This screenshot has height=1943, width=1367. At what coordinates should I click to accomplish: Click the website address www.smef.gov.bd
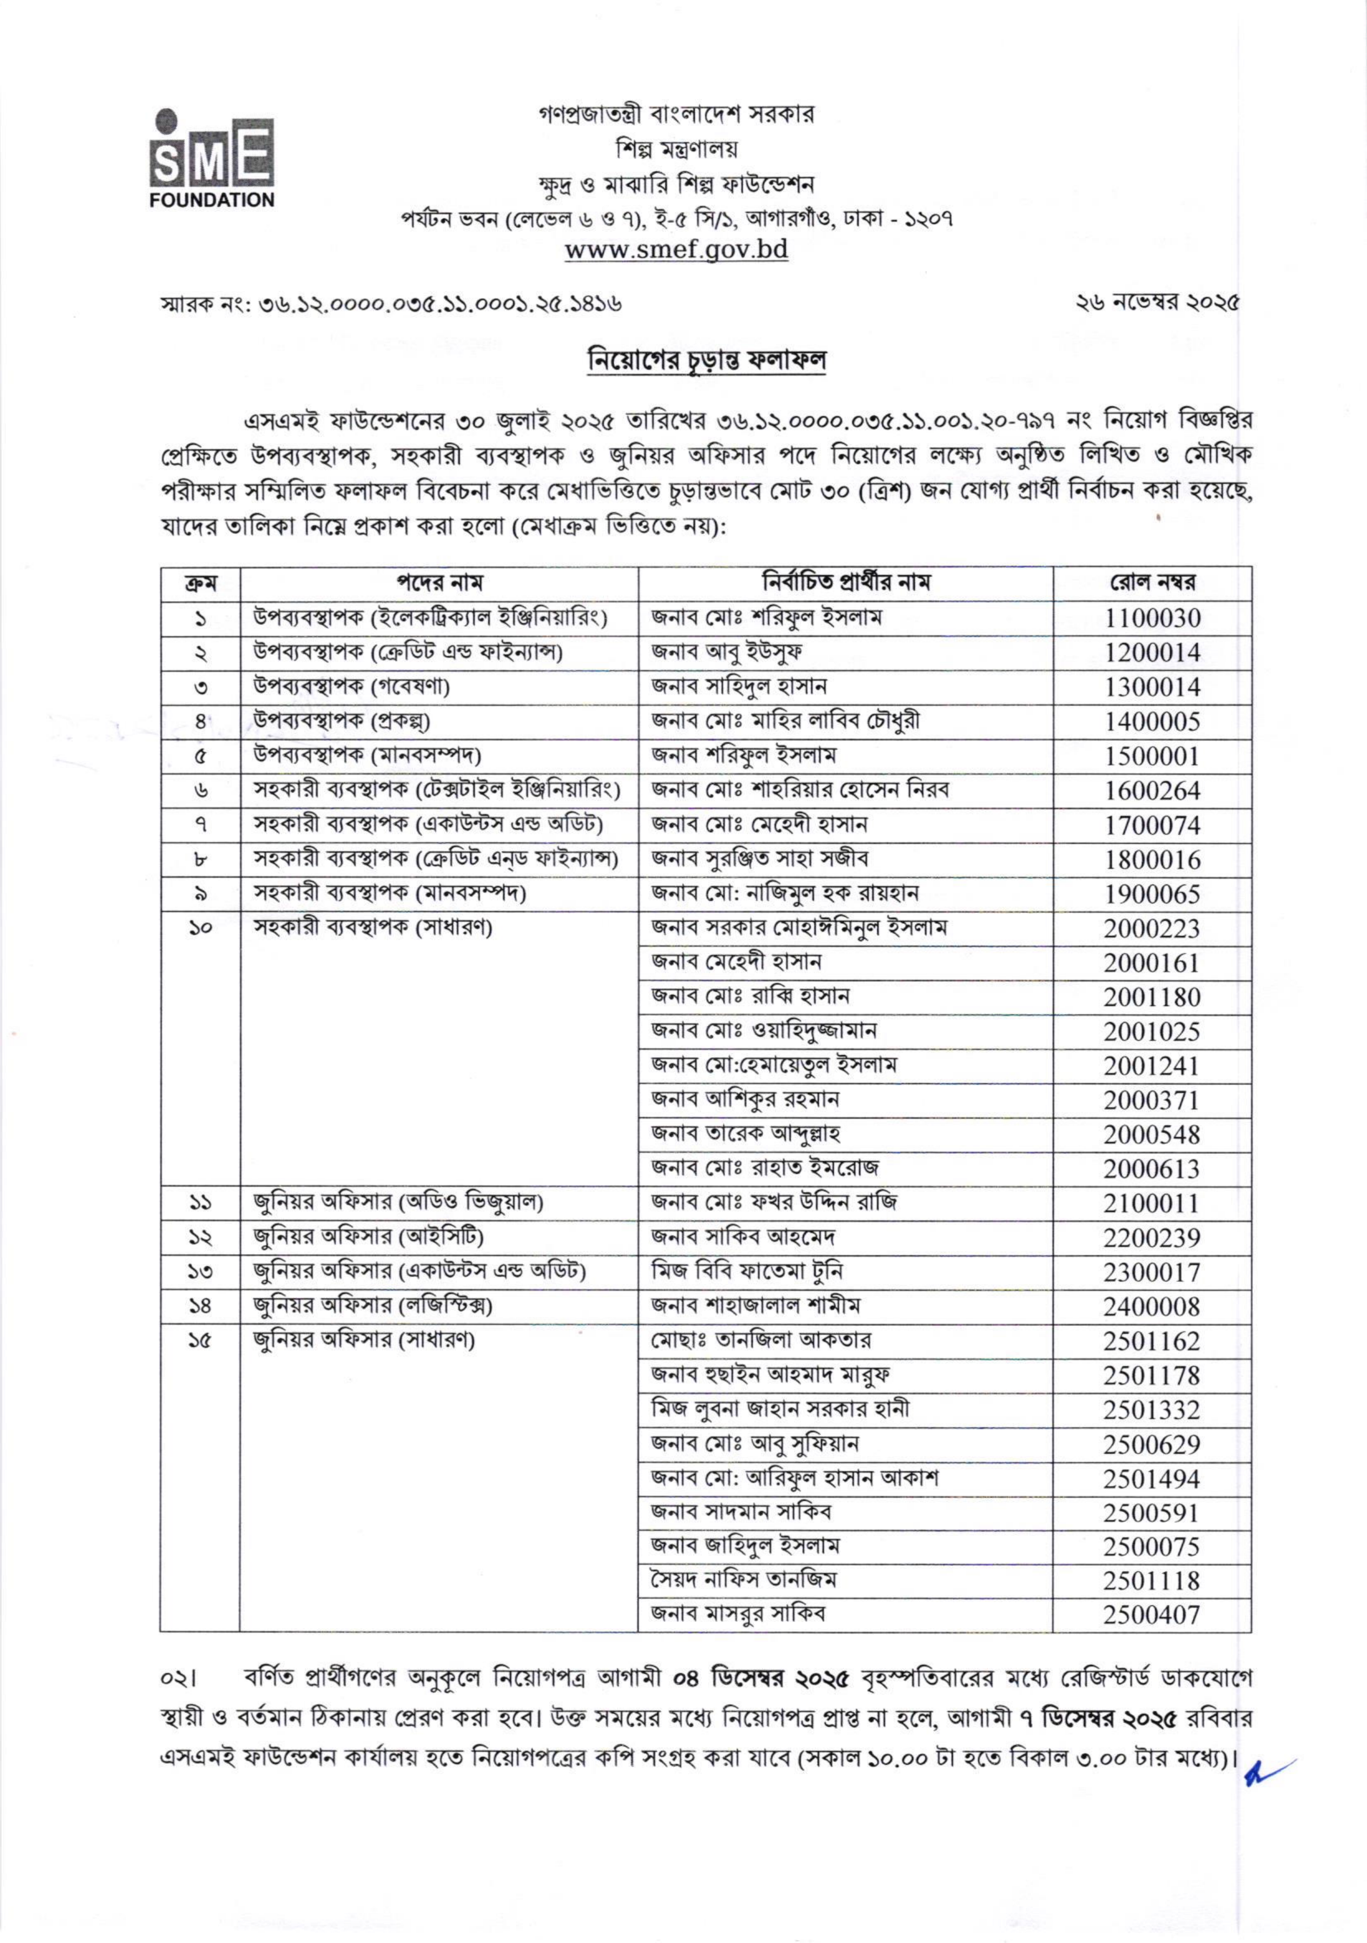676,250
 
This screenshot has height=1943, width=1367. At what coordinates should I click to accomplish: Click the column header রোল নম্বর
1152,583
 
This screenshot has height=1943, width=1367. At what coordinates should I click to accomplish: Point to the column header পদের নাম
439,583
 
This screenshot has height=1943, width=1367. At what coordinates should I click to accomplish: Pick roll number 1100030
1152,618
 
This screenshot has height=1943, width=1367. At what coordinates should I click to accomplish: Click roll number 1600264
1152,790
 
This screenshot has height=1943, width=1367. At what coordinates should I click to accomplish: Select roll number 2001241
1151,1066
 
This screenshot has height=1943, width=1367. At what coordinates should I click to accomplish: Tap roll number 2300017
1151,1272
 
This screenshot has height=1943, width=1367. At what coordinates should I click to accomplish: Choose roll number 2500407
1151,1615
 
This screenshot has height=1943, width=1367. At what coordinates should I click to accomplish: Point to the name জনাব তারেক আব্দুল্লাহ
745,1133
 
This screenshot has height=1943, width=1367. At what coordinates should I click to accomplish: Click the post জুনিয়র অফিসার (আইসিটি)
369,1237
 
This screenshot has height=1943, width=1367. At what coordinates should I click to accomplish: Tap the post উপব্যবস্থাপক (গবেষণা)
352,686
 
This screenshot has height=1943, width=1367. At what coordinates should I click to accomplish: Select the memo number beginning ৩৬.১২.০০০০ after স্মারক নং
440,303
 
